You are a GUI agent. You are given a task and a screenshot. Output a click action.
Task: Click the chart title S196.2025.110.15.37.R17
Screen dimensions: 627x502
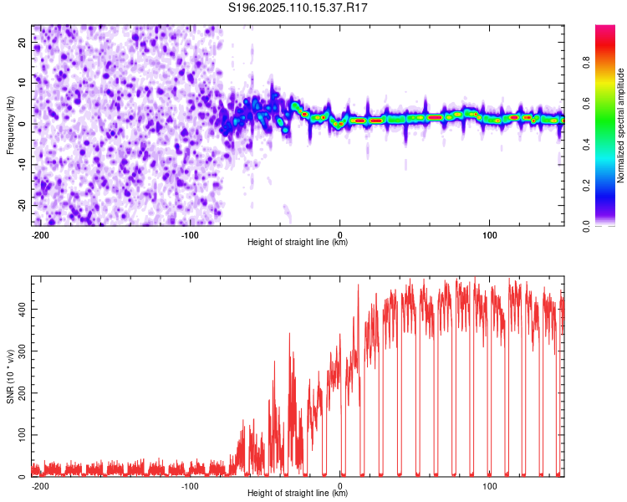coord(298,8)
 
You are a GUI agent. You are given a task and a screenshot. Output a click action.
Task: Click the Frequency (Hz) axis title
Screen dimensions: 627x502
coord(10,125)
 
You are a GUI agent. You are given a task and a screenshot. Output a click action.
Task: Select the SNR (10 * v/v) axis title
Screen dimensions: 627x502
coord(10,376)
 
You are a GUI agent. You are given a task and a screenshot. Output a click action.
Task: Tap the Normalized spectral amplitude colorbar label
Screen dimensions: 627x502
coord(620,125)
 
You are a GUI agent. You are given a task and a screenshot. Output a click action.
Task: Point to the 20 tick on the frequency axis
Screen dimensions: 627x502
coord(23,42)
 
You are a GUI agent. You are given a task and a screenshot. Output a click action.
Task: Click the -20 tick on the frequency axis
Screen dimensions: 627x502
coord(23,205)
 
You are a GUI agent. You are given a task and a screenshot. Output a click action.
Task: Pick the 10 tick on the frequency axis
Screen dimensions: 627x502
coord(23,83)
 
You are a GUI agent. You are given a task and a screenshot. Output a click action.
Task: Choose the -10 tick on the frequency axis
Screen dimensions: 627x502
coord(23,165)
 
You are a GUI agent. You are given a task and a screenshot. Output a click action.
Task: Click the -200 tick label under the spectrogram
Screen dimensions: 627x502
coord(40,235)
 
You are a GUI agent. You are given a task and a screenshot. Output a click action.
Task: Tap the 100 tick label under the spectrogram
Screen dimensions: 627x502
coord(489,235)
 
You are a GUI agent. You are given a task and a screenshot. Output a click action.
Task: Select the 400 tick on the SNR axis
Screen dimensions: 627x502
coord(23,309)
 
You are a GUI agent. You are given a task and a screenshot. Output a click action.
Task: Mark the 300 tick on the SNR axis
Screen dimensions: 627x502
coord(23,351)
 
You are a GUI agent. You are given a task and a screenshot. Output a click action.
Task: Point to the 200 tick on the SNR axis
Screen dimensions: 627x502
coord(23,392)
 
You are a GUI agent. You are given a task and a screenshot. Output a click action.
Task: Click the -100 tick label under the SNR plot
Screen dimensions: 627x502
coord(190,486)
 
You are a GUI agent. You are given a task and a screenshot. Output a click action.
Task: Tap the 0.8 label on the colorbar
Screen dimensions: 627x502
coord(586,62)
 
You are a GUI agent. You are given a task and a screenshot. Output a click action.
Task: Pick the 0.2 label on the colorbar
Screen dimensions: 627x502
coord(586,185)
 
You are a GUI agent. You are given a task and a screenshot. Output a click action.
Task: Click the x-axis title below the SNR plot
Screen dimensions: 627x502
coord(298,493)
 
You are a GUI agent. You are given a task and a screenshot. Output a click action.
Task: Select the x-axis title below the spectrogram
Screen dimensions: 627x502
coord(298,242)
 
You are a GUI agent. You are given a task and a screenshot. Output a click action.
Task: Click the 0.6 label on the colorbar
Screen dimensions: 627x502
coord(586,103)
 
